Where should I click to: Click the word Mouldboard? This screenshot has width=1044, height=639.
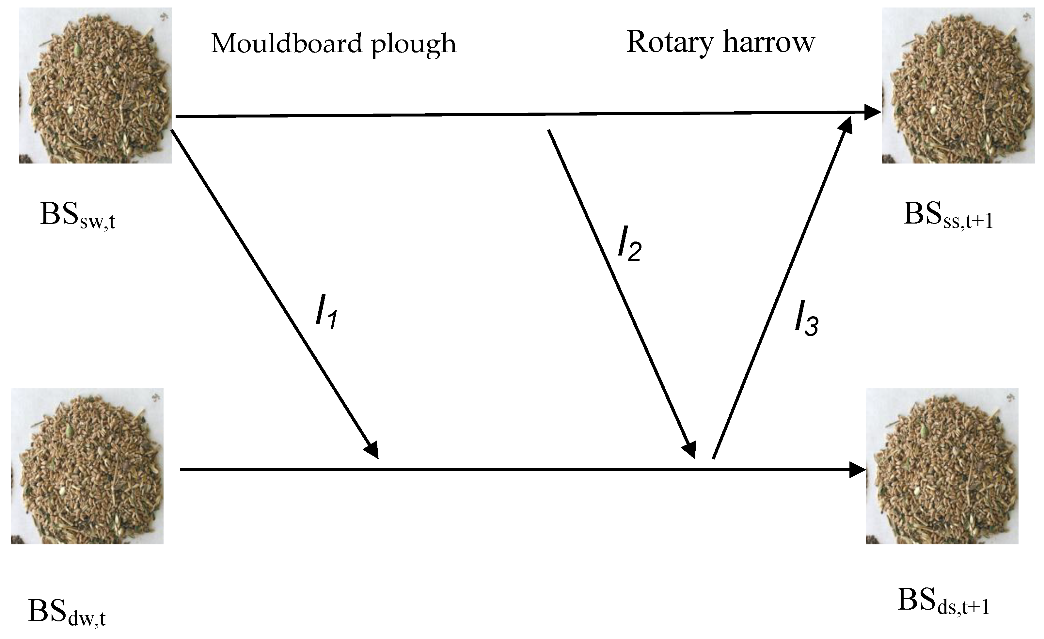[x=286, y=44]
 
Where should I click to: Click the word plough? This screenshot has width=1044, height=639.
[x=414, y=45]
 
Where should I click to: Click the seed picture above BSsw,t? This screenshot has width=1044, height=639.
[x=95, y=86]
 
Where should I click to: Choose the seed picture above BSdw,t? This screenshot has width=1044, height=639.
[x=87, y=466]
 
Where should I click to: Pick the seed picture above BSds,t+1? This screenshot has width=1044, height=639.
[x=942, y=466]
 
